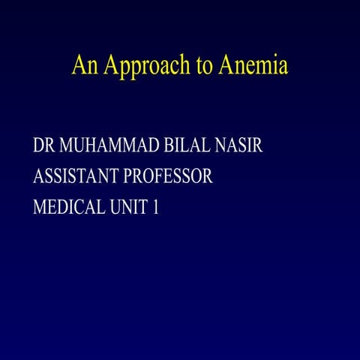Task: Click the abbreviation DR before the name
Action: [43, 145]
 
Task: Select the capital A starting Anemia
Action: [225, 66]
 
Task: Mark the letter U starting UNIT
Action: [118, 208]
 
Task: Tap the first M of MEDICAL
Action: [40, 208]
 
